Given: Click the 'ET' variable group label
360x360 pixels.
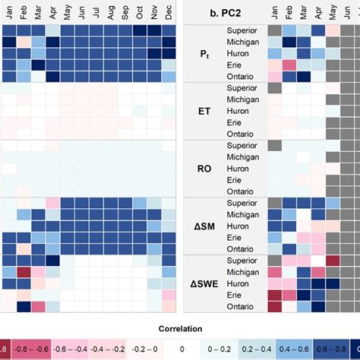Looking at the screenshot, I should [x=204, y=111].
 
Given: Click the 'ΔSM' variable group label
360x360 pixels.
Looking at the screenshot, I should [x=204, y=226].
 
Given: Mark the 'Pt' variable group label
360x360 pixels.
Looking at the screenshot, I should [x=204, y=54].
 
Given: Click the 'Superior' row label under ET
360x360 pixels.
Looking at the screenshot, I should [x=242, y=88].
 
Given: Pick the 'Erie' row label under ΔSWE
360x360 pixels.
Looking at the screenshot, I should [x=242, y=294].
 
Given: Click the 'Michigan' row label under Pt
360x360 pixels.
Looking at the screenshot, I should [x=242, y=43].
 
